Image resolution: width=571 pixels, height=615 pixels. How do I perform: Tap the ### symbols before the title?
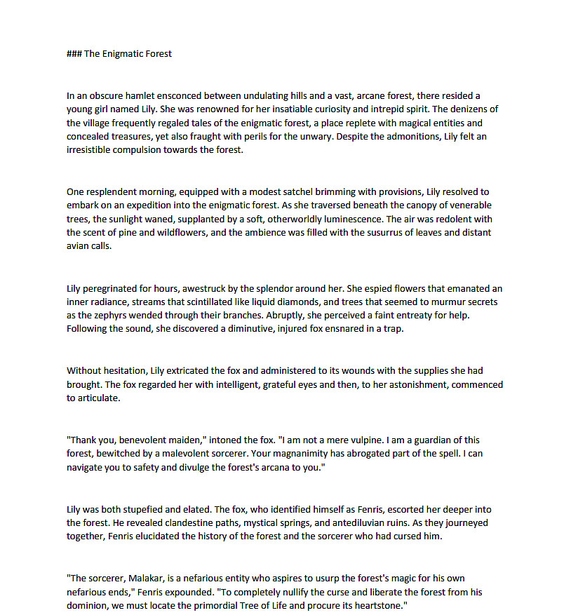click(74, 53)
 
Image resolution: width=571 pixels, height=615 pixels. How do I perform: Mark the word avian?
click(78, 246)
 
